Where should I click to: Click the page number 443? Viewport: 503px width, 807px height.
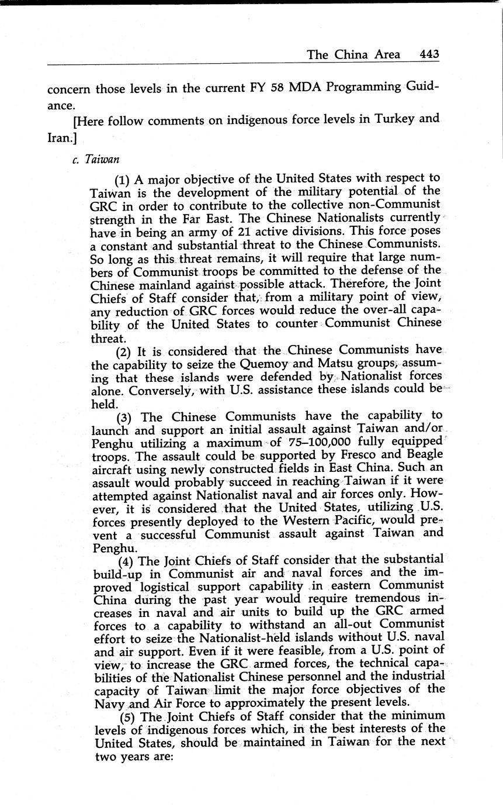tap(429, 54)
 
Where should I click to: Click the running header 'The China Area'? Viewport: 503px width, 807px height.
tap(353, 54)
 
